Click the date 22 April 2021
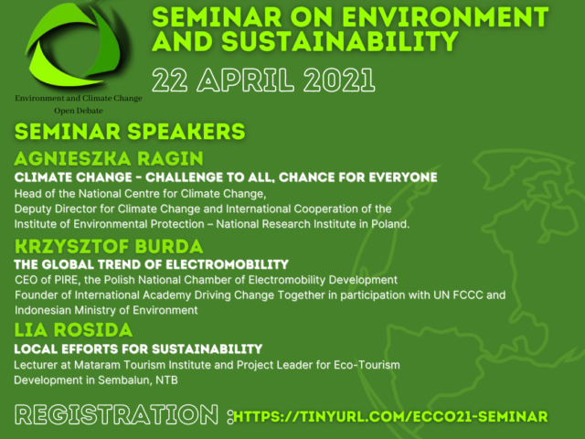[263, 80]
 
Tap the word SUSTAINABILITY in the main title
[340, 41]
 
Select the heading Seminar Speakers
[130, 132]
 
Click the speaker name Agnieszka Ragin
[109, 158]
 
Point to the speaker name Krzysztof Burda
[109, 246]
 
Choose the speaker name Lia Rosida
[73, 330]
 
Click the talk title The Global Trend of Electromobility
[151, 264]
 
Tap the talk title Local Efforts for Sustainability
[138, 349]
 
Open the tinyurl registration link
[390, 417]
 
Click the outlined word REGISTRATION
[116, 414]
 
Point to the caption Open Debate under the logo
[79, 111]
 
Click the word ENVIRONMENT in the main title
[445, 17]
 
